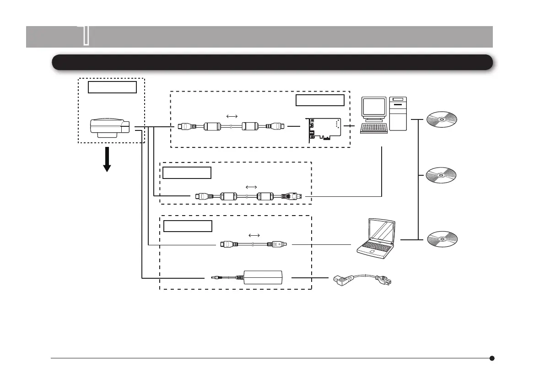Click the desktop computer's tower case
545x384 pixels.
398,113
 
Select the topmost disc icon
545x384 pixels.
442,120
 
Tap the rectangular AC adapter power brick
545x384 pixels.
264,277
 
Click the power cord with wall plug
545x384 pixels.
362,278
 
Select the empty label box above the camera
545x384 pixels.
113,87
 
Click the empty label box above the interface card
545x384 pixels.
319,101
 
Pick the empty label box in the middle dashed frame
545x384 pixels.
187,173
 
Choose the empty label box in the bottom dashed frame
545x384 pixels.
188,226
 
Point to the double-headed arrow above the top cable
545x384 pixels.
232,116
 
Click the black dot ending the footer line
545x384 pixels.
492,358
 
